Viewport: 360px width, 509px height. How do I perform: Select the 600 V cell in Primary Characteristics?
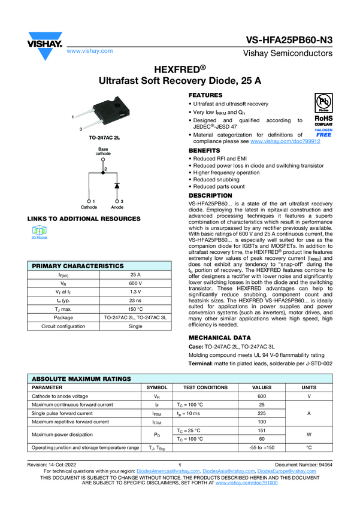click(x=135, y=283)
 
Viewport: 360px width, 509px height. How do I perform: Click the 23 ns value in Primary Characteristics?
click(x=135, y=301)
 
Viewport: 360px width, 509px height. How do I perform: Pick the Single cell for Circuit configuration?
click(x=135, y=327)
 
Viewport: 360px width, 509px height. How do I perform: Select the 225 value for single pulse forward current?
click(x=261, y=413)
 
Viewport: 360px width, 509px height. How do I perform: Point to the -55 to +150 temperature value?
click(x=261, y=447)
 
